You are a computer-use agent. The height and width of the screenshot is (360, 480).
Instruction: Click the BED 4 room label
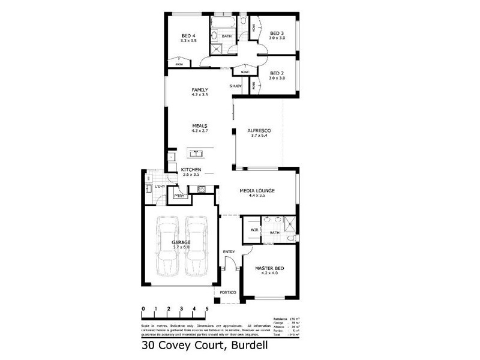[188, 35]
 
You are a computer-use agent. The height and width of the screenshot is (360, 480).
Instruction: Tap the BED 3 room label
[277, 33]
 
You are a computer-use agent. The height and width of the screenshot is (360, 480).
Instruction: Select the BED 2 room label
[277, 73]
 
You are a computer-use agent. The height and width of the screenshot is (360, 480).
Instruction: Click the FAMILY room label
[199, 90]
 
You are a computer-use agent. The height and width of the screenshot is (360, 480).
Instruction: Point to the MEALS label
[199, 125]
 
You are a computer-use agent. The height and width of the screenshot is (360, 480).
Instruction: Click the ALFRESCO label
[260, 130]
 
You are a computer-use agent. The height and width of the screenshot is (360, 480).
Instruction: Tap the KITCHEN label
[191, 169]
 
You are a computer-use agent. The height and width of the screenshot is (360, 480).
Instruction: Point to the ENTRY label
[229, 251]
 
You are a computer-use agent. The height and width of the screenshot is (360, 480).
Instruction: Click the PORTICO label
[229, 292]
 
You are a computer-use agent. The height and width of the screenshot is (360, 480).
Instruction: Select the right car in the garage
[196, 246]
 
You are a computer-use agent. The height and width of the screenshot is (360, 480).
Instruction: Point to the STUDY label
[236, 87]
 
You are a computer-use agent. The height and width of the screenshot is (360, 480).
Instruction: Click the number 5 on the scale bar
[207, 309]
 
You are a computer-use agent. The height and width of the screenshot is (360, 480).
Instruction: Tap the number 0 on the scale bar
[143, 309]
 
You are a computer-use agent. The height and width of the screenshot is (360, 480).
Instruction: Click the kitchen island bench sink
[196, 152]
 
